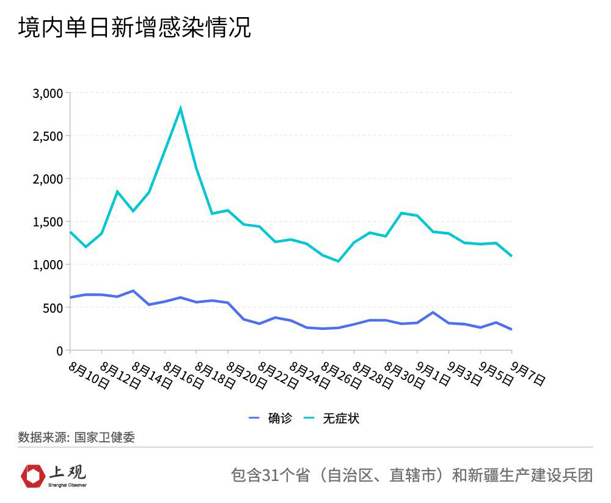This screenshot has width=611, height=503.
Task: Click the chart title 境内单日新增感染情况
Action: click(134, 28)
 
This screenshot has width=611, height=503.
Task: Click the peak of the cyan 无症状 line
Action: click(180, 109)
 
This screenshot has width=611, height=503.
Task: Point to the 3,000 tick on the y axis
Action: click(48, 93)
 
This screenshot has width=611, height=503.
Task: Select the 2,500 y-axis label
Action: click(48, 136)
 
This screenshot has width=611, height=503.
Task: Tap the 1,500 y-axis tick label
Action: click(48, 222)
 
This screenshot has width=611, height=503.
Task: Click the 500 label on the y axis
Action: click(51, 308)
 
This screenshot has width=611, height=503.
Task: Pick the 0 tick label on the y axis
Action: click(59, 351)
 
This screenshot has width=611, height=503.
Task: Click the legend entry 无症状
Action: click(341, 419)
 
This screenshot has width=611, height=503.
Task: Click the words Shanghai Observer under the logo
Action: click(67, 485)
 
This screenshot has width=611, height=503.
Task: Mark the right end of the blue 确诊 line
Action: click(511, 329)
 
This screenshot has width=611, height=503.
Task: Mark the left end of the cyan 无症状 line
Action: click(70, 232)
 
